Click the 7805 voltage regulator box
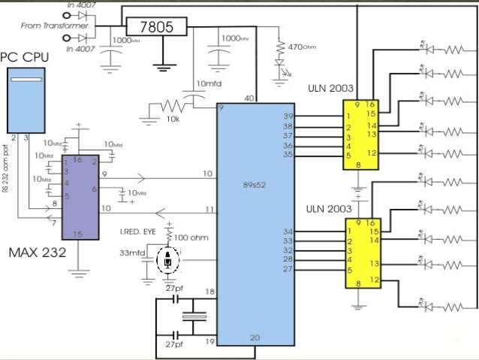[x=155, y=27]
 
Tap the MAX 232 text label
[x=38, y=253]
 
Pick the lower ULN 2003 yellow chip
[x=363, y=253]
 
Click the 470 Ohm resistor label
[x=305, y=47]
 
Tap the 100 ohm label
[x=191, y=237]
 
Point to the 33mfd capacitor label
[x=134, y=253]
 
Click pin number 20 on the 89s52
[x=255, y=337]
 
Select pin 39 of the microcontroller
[x=288, y=116]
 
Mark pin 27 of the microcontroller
[x=288, y=268]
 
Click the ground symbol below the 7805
[x=161, y=65]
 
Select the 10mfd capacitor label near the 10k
[x=208, y=83]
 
